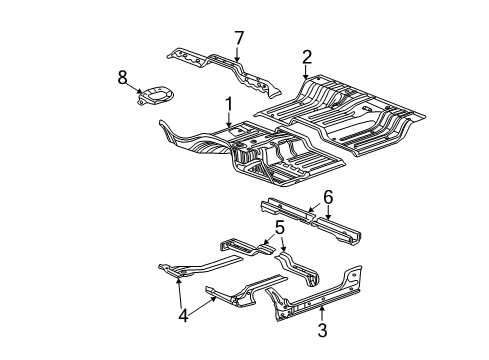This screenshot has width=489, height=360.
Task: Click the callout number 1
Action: point(228,103)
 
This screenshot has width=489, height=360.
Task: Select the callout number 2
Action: point(307,56)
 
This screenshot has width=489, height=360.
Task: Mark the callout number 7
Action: point(239,38)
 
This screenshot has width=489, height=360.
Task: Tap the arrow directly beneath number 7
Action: point(238,55)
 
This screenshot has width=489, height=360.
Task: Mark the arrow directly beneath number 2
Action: point(307,73)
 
